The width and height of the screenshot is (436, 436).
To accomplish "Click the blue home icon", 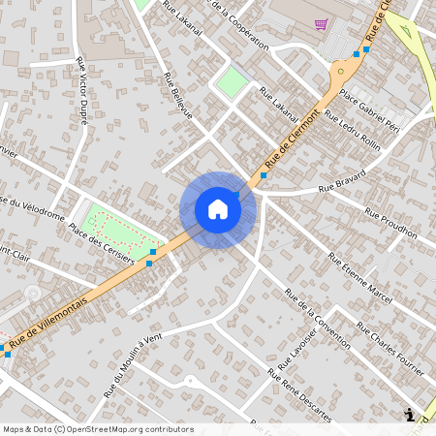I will click(x=218, y=209).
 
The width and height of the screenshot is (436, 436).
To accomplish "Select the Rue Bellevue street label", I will click(x=179, y=97).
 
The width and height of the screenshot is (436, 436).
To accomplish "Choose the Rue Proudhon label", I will click(x=390, y=223).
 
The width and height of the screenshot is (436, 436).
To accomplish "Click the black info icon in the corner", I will click(x=409, y=415).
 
